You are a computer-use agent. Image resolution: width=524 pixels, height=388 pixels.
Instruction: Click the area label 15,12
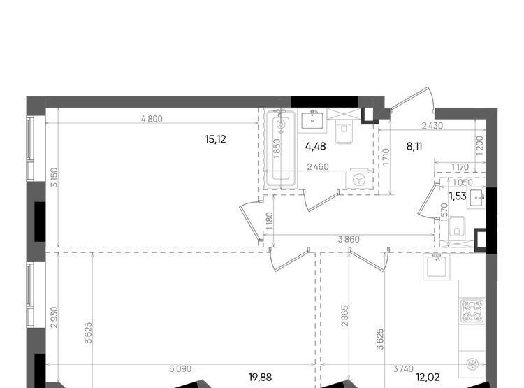tap(216, 139)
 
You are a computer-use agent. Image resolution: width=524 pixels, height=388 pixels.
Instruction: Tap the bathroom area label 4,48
tap(316, 146)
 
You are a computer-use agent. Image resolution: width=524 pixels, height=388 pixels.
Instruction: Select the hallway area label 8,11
tap(414, 146)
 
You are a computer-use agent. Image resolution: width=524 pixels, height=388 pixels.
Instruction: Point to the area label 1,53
tap(458, 196)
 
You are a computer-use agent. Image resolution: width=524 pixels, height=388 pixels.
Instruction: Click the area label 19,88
tap(260, 378)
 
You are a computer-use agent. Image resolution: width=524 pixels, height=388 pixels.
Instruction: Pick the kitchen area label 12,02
tap(428, 378)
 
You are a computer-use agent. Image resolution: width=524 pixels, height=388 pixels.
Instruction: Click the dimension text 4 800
tap(152, 119)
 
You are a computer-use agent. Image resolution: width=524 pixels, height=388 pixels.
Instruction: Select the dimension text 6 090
tap(180, 368)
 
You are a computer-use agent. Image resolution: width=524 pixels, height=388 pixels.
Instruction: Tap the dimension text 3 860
tap(349, 239)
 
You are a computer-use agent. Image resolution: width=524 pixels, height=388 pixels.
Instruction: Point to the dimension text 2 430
tap(432, 126)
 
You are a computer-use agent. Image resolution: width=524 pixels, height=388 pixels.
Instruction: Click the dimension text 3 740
tap(403, 368)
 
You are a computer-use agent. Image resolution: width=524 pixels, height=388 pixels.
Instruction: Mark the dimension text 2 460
tap(318, 166)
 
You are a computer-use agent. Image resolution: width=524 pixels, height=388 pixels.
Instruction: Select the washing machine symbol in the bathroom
tap(359, 180)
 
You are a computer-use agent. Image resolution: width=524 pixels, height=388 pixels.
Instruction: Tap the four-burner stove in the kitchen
tap(472, 310)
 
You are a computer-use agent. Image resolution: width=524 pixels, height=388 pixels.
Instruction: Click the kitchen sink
tap(437, 266)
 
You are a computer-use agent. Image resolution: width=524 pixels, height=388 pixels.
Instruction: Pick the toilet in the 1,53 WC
tap(457, 227)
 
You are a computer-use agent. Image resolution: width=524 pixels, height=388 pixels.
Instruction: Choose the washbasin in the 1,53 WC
tap(476, 199)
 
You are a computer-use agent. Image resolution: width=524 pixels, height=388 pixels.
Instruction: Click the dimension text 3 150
tap(54, 178)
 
